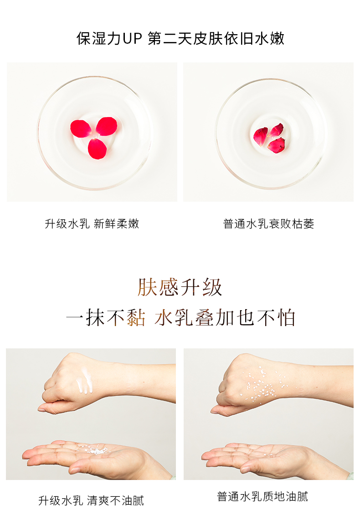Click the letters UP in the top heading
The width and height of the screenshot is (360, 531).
pos(132,39)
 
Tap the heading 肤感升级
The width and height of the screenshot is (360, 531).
pos(180,287)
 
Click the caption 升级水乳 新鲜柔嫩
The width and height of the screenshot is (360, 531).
pos(92,224)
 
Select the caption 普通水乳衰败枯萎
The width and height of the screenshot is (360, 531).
pos(268,224)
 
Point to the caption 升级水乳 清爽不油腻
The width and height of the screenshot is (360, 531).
pos(91,500)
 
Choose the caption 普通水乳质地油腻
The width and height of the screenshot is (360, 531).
pos(262,496)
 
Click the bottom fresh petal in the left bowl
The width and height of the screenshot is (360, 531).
pos(97,148)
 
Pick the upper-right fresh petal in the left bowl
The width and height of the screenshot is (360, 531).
pos(107,126)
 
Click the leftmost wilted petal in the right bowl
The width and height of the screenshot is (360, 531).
pos(260,136)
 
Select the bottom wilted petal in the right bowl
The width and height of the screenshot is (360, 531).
pos(276,145)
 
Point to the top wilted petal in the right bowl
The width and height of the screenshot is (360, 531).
pos(276,130)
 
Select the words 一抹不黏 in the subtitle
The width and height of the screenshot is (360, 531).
pos(106,318)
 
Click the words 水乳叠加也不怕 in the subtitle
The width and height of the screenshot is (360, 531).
pos(225,318)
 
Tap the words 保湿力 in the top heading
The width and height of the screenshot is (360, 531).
pos(98,39)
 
